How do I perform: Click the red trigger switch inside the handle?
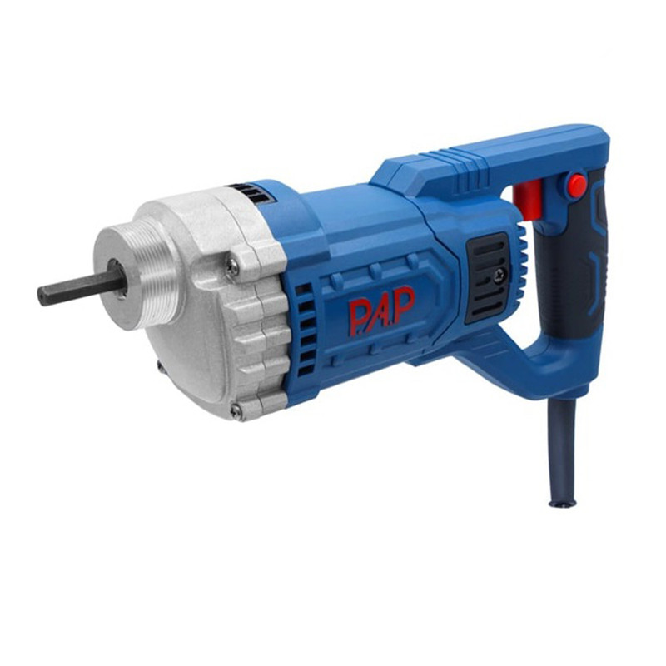tap(528, 200)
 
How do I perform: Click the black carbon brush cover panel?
tap(488, 278)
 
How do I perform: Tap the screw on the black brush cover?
tap(499, 276)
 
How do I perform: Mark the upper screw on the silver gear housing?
tap(233, 266)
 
